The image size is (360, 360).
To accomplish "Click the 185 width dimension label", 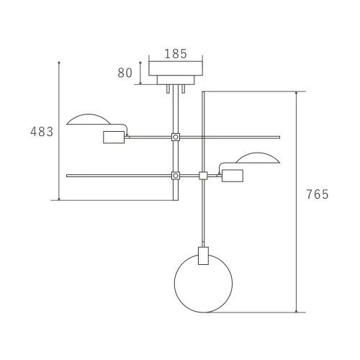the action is click(x=176, y=54).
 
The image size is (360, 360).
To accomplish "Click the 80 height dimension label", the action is click(x=125, y=73).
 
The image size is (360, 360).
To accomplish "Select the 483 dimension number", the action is click(x=42, y=132).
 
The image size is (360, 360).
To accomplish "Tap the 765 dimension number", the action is click(x=318, y=194).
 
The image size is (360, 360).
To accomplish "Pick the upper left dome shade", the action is click(x=89, y=114).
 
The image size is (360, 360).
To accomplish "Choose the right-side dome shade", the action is click(x=258, y=153).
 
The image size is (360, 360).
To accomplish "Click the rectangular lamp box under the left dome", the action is click(x=114, y=138).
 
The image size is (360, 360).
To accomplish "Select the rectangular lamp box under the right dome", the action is click(x=233, y=176).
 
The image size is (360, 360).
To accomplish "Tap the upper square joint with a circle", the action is click(x=176, y=138).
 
